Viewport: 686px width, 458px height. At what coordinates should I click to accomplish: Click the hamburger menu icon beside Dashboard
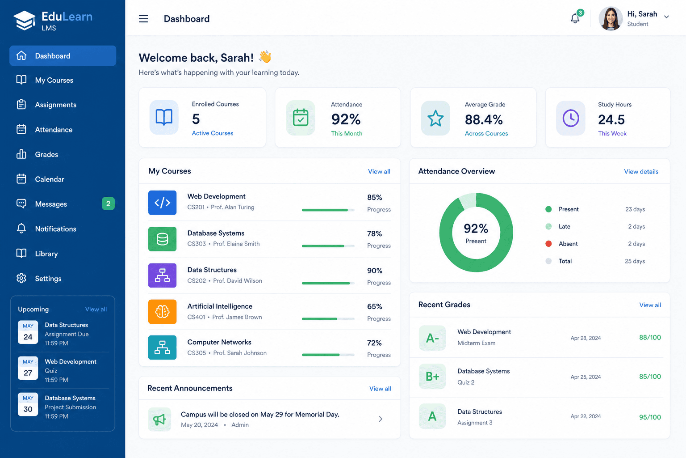(x=143, y=19)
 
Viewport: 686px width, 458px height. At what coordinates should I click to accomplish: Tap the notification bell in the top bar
(x=575, y=18)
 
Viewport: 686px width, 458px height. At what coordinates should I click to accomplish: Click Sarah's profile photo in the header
(x=611, y=18)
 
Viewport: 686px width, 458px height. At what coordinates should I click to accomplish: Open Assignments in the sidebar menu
(x=55, y=105)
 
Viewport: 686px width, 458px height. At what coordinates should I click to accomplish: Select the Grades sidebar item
(x=46, y=154)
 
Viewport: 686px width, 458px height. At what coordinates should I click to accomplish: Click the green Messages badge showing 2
(x=108, y=204)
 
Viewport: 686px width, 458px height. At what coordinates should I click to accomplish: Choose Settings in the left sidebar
(x=48, y=279)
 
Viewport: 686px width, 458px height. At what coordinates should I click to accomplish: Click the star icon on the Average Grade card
(x=435, y=118)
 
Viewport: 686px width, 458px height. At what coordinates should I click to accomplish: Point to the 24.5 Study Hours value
(x=611, y=119)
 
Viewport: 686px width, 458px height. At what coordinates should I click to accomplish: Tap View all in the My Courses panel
(x=379, y=171)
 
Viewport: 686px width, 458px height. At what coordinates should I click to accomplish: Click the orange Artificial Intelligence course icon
(x=162, y=312)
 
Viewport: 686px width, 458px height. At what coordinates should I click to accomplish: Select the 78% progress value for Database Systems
(x=374, y=234)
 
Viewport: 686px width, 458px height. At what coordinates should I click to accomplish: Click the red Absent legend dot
(x=548, y=244)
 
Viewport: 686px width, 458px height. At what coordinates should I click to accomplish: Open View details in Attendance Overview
(x=641, y=171)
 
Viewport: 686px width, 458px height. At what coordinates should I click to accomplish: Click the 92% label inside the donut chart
(x=476, y=229)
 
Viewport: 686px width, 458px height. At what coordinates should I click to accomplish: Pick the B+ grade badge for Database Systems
(x=432, y=377)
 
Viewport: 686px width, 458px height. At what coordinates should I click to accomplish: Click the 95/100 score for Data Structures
(x=650, y=417)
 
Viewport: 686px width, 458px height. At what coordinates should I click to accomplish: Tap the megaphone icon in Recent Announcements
(x=159, y=420)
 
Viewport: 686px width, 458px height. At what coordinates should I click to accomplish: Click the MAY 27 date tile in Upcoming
(x=28, y=369)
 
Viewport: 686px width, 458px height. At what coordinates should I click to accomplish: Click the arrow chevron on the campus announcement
(x=381, y=419)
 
